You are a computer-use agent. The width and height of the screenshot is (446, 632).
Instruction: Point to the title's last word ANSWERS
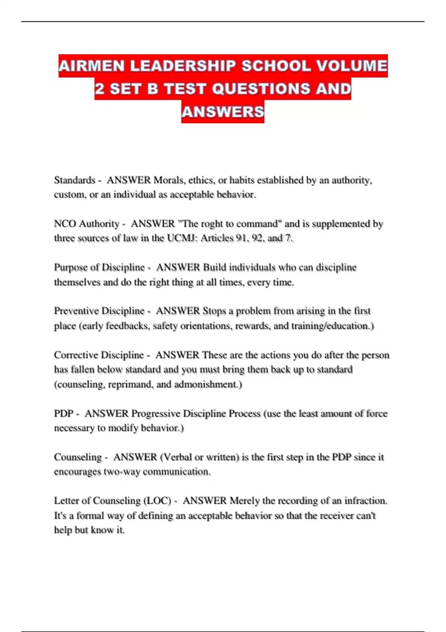pyautogui.click(x=223, y=112)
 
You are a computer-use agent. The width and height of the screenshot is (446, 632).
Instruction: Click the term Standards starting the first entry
pyautogui.click(x=75, y=180)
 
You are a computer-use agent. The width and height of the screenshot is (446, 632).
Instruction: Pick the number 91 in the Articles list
pyautogui.click(x=241, y=238)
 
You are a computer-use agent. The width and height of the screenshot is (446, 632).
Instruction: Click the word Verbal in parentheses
pyautogui.click(x=176, y=457)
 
